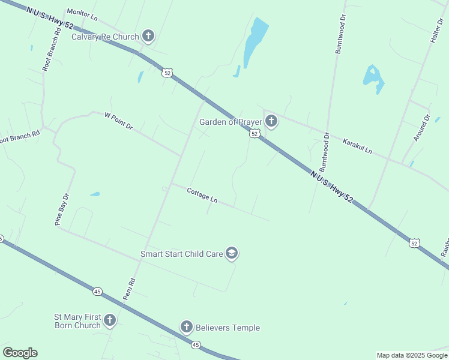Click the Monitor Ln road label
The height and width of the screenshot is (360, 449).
tap(82, 12)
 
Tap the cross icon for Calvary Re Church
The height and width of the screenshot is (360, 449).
tap(148, 37)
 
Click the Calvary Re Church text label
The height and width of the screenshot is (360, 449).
tap(105, 37)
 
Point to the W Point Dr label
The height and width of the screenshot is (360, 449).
tap(118, 121)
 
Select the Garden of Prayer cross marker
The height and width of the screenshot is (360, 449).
tap(271, 122)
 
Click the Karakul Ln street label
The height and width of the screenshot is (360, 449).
tap(357, 146)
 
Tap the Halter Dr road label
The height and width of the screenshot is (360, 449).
tap(435, 31)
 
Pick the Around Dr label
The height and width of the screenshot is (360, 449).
tap(423, 128)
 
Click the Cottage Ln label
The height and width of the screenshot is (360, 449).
tap(202, 194)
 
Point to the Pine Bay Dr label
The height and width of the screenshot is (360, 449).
tap(62, 209)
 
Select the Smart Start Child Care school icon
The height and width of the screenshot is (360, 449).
tap(232, 254)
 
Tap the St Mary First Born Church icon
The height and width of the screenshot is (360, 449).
tap(109, 321)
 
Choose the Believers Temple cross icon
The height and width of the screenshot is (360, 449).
tap(186, 327)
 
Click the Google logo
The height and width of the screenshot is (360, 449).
tap(20, 353)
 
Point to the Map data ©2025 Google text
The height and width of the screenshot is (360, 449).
tap(412, 355)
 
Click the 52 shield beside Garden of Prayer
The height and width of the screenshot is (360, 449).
tap(255, 134)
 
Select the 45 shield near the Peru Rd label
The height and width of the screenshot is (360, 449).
tap(97, 292)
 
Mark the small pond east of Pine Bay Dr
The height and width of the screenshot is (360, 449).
tap(95, 194)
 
